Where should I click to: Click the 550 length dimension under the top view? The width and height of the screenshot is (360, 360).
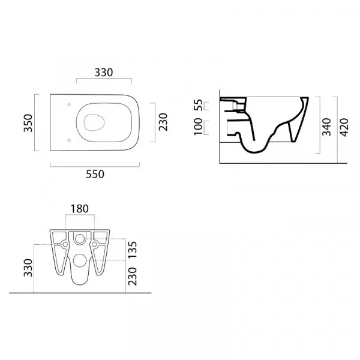click(95, 174)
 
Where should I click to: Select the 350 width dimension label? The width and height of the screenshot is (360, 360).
click(28, 123)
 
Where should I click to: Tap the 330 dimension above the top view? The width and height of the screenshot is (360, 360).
click(104, 73)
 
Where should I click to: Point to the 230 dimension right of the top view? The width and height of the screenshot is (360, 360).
click(163, 122)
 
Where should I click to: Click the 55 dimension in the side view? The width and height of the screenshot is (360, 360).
click(198, 105)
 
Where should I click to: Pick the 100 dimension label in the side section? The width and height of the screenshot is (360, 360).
click(198, 127)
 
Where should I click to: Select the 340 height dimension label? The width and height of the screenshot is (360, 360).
click(326, 127)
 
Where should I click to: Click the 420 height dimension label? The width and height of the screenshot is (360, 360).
click(344, 127)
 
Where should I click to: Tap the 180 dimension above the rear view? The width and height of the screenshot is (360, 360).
click(79, 209)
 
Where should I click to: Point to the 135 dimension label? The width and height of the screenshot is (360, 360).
click(132, 250)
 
